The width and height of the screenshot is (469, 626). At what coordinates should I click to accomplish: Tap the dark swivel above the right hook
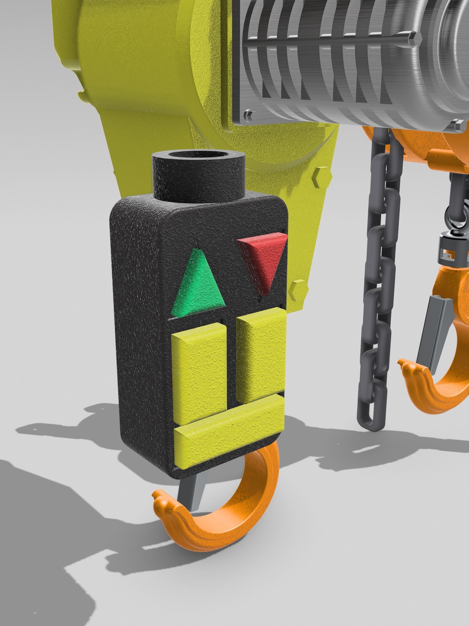click(450, 243)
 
